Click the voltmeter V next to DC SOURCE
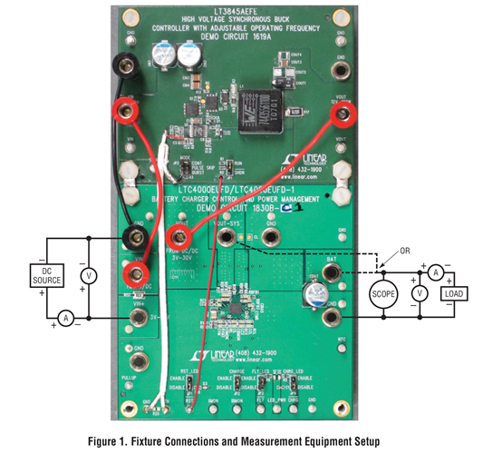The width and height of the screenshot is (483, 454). coord(88,273)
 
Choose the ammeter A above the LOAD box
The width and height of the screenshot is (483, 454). coord(435,271)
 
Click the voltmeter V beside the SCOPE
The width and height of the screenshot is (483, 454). coord(418,294)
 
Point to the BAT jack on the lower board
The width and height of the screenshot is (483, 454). coord(333,273)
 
